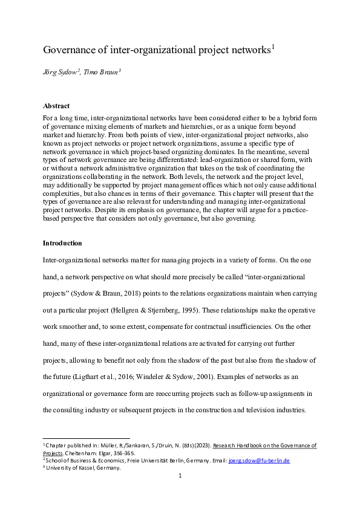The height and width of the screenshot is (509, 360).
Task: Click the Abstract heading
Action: (56, 106)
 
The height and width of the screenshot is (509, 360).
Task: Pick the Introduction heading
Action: (62, 243)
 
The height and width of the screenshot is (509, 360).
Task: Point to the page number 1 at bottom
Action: (180, 476)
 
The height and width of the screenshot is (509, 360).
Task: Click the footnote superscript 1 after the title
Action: (273, 47)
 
